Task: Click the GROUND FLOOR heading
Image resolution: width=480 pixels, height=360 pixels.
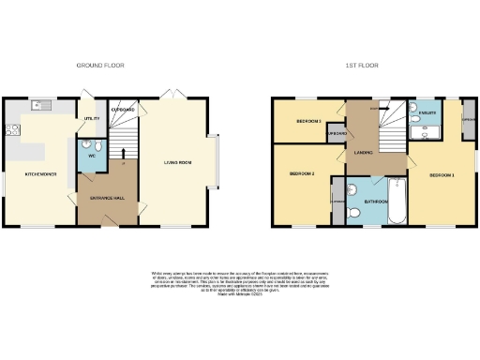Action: click(100, 66)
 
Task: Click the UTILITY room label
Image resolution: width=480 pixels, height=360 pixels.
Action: click(92, 119)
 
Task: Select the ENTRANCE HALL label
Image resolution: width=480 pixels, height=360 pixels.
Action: click(107, 197)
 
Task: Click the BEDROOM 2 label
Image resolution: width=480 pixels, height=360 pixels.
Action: click(301, 174)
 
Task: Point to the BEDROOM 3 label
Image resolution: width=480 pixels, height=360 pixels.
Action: click(309, 122)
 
